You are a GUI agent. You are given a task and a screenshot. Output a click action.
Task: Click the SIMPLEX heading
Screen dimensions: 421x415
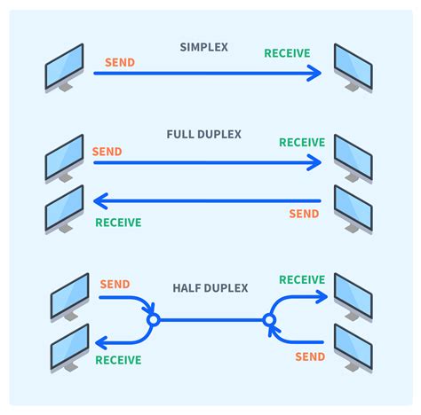tap(204, 47)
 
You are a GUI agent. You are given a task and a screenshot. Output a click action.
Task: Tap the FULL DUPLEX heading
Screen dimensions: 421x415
tap(204, 135)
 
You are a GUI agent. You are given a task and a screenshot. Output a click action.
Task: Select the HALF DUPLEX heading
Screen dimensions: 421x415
tap(210, 288)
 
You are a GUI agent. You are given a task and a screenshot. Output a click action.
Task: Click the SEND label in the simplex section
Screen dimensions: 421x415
tap(120, 63)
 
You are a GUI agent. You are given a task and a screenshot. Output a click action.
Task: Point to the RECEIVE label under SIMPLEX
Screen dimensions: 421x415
tap(287, 53)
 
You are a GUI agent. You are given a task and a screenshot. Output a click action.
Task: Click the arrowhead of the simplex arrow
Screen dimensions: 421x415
tap(314, 73)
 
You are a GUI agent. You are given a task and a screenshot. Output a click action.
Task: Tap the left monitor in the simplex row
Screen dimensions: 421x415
tap(64, 68)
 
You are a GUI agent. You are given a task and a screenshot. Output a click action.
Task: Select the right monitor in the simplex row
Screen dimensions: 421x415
tap(353, 68)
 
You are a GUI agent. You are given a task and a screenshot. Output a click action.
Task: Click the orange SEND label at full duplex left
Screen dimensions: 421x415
tap(107, 152)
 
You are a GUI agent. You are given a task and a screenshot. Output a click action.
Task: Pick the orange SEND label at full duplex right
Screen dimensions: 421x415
tap(304, 214)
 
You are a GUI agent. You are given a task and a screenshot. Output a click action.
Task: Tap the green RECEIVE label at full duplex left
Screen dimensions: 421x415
tap(118, 223)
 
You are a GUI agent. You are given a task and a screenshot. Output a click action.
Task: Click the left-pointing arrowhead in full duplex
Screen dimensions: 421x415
tap(100, 201)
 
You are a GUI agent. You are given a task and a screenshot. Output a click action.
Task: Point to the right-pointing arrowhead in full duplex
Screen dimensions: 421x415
tap(314, 162)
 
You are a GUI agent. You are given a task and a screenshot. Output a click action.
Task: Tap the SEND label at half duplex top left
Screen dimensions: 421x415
tap(115, 285)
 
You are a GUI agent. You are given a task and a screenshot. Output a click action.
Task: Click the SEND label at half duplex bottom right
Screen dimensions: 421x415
tap(310, 357)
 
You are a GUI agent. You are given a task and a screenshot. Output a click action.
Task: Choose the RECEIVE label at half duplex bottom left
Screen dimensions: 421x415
tap(118, 360)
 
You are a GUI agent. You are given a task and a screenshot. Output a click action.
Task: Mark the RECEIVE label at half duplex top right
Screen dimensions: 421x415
tap(302, 280)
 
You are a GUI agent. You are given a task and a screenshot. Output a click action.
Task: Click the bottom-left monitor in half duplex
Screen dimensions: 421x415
tap(70, 348)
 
